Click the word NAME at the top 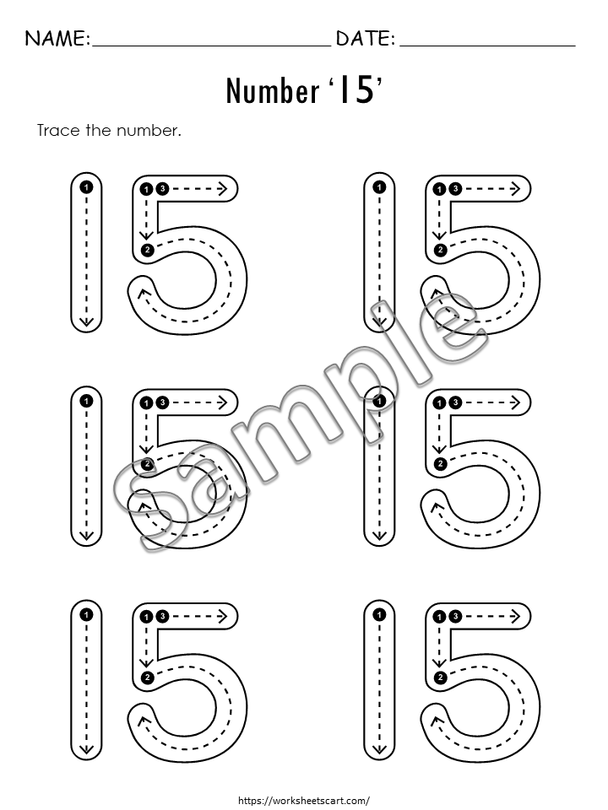[x=57, y=38]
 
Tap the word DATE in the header [x=365, y=38]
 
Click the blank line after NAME [x=211, y=46]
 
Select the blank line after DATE [x=487, y=46]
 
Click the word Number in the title [x=273, y=91]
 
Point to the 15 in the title [x=357, y=90]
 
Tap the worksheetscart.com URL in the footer [x=304, y=800]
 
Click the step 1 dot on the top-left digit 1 [x=86, y=186]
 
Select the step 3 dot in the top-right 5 [x=455, y=189]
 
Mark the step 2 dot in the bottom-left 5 [x=147, y=678]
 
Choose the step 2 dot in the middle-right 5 [x=440, y=464]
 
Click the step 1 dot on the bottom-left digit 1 [x=86, y=615]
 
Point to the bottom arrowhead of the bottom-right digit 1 [x=380, y=749]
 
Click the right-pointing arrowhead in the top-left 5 [x=222, y=189]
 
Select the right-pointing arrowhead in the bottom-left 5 [x=222, y=616]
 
